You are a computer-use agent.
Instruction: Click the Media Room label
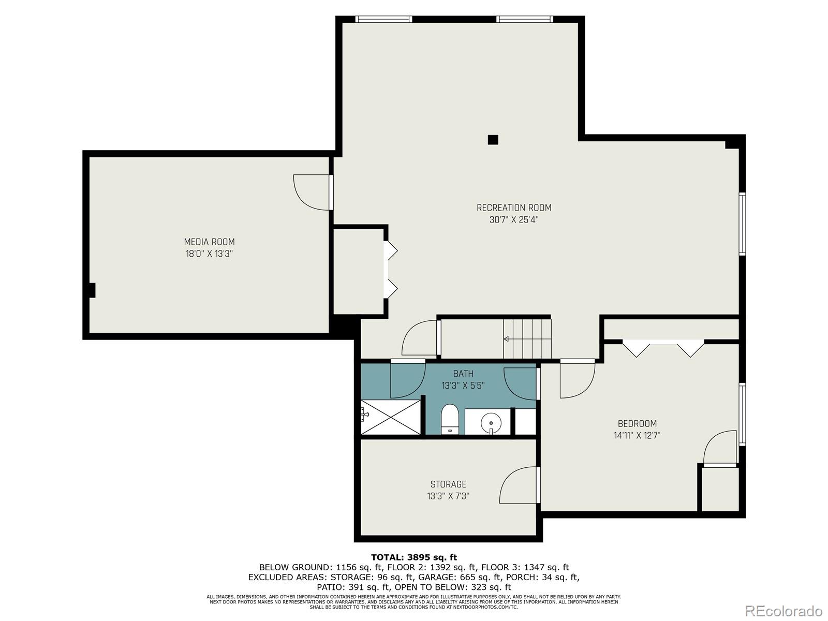(210, 242)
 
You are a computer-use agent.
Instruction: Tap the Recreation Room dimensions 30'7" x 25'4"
(514, 219)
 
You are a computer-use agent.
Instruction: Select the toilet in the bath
(450, 419)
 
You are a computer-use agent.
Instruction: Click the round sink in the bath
(491, 423)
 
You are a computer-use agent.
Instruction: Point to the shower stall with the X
(390, 417)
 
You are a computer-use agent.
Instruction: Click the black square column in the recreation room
(493, 140)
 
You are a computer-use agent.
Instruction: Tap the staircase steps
(527, 339)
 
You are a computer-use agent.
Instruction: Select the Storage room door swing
(518, 485)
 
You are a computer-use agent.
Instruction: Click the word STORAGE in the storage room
(448, 484)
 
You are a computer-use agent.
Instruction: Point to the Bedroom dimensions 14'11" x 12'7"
(637, 436)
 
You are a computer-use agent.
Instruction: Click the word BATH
(463, 374)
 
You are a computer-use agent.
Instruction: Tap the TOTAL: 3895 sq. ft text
(414, 557)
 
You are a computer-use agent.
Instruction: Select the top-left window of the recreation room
(383, 19)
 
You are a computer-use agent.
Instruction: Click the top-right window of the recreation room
(524, 19)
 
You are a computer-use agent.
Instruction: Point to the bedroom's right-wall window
(742, 415)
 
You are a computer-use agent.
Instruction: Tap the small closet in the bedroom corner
(720, 490)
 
